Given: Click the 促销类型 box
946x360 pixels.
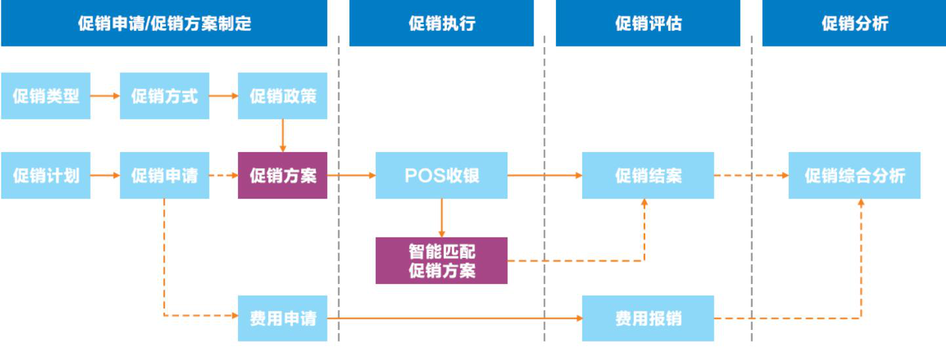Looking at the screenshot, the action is [x=46, y=96].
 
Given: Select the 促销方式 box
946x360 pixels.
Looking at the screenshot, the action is [x=165, y=96].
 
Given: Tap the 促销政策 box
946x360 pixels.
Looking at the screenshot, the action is [x=283, y=96].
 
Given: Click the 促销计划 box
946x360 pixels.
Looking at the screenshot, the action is [x=46, y=175].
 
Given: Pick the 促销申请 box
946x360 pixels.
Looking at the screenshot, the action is [x=165, y=175].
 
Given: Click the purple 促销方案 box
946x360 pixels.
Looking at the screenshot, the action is [x=283, y=175].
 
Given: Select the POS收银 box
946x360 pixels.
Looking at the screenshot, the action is [x=441, y=175].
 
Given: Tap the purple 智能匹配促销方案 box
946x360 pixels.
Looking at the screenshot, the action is [x=441, y=261].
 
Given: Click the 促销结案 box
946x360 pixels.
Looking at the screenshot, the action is [x=648, y=175].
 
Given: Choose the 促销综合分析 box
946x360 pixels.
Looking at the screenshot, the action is [x=854, y=175].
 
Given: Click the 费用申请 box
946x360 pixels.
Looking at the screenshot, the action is [x=283, y=318].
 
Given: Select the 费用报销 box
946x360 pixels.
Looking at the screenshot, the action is [x=648, y=318].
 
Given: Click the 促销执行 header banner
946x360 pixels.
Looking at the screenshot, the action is [x=441, y=23].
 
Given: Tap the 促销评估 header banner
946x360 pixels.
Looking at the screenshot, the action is [x=648, y=23].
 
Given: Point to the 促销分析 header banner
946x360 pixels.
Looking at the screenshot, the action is [x=854, y=23].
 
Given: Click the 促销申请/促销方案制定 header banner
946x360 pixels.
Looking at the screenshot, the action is [x=164, y=23].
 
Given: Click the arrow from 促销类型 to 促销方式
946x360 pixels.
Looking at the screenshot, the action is [x=105, y=96].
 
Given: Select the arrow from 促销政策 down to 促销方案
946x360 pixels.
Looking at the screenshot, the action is [x=283, y=136].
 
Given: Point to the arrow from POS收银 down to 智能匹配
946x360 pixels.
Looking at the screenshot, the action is [x=442, y=218].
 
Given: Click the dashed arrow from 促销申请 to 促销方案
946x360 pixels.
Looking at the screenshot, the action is [x=224, y=175].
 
